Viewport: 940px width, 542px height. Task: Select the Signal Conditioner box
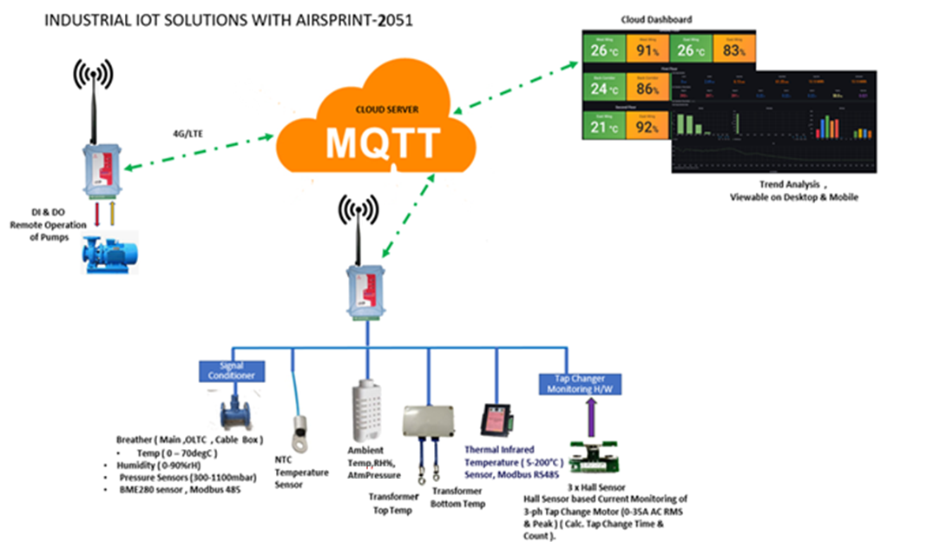(x=232, y=371)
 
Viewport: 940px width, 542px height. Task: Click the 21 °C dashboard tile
(x=603, y=128)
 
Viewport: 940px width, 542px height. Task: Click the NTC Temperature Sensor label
(x=301, y=473)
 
